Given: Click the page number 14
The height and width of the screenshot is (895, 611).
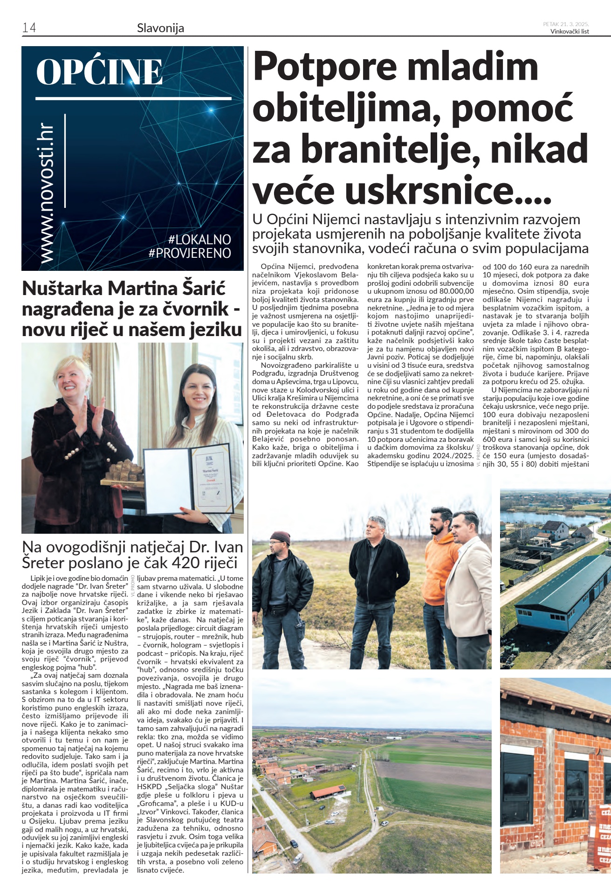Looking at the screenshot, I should coord(29,28).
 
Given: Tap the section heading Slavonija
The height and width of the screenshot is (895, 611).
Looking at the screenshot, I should coord(160,28).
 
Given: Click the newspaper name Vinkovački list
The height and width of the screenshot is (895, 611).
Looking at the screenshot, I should coord(570,32).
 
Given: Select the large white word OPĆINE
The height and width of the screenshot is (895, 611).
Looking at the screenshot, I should coord(99,72).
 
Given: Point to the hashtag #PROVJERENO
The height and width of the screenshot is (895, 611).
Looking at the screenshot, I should coord(190,253).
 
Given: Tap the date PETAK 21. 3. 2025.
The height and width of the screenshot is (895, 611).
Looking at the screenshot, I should coord(566,24).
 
